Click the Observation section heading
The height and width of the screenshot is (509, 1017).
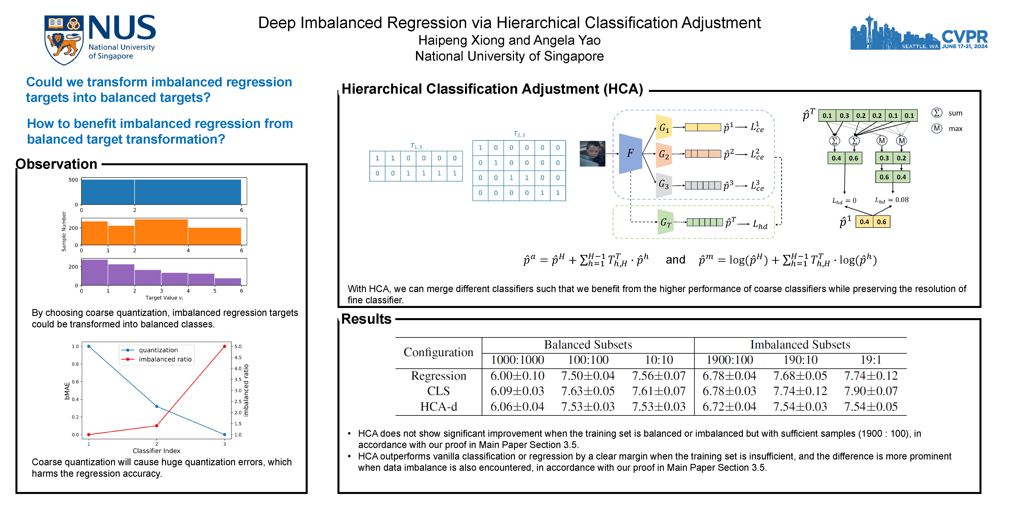[56, 164]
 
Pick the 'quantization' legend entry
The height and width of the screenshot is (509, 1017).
[158, 350]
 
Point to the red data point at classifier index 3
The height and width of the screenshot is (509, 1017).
[225, 346]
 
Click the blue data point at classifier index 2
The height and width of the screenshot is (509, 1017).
[157, 406]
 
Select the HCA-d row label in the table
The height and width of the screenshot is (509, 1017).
[438, 407]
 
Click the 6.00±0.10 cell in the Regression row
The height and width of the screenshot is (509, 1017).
[517, 376]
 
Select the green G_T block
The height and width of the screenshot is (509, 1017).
[665, 222]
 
